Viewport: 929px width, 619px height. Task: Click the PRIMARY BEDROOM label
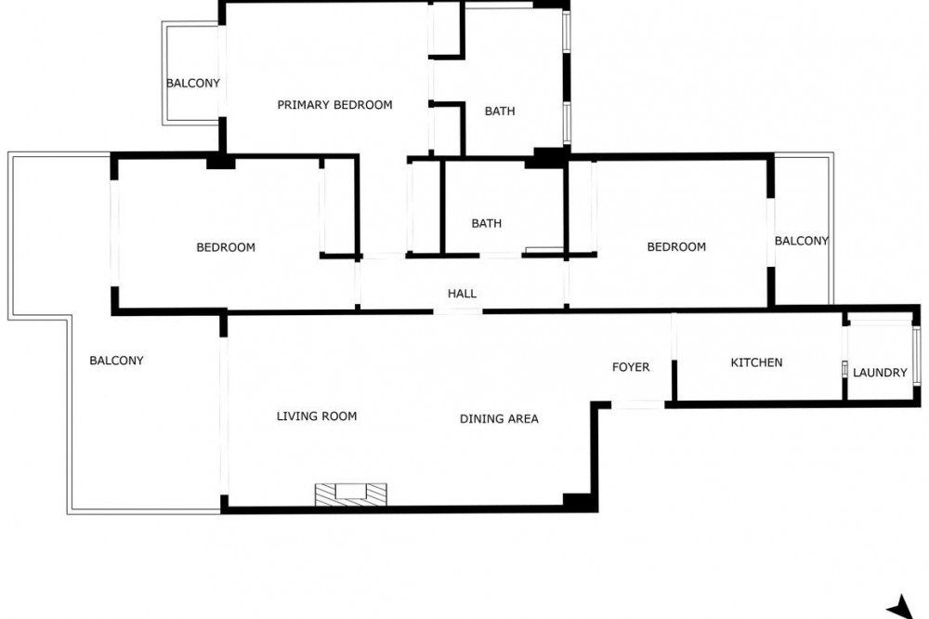pyautogui.click(x=334, y=105)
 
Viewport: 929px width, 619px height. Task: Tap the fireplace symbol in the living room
pyautogui.click(x=350, y=495)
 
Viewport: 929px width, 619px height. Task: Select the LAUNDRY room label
pyautogui.click(x=880, y=373)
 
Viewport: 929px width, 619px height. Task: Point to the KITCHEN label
pyautogui.click(x=756, y=362)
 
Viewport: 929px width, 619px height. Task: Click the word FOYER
pyautogui.click(x=631, y=367)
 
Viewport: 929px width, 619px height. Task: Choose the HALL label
pyautogui.click(x=462, y=294)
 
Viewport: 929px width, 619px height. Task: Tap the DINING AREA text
pyautogui.click(x=499, y=418)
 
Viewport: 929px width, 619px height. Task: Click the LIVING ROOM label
pyautogui.click(x=317, y=416)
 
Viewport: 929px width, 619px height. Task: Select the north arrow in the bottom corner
pyautogui.click(x=901, y=607)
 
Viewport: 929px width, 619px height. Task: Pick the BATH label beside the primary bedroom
pyautogui.click(x=500, y=111)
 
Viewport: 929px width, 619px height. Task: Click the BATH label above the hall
pyautogui.click(x=487, y=223)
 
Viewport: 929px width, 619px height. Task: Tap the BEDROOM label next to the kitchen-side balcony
pyautogui.click(x=676, y=246)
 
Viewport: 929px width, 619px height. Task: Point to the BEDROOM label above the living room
pyautogui.click(x=226, y=247)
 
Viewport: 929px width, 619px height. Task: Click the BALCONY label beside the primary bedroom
pyautogui.click(x=193, y=83)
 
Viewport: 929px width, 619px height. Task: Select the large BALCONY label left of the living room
pyautogui.click(x=116, y=361)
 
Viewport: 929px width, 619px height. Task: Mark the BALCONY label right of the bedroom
pyautogui.click(x=802, y=241)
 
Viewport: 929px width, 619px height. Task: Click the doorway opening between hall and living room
pyautogui.click(x=458, y=311)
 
